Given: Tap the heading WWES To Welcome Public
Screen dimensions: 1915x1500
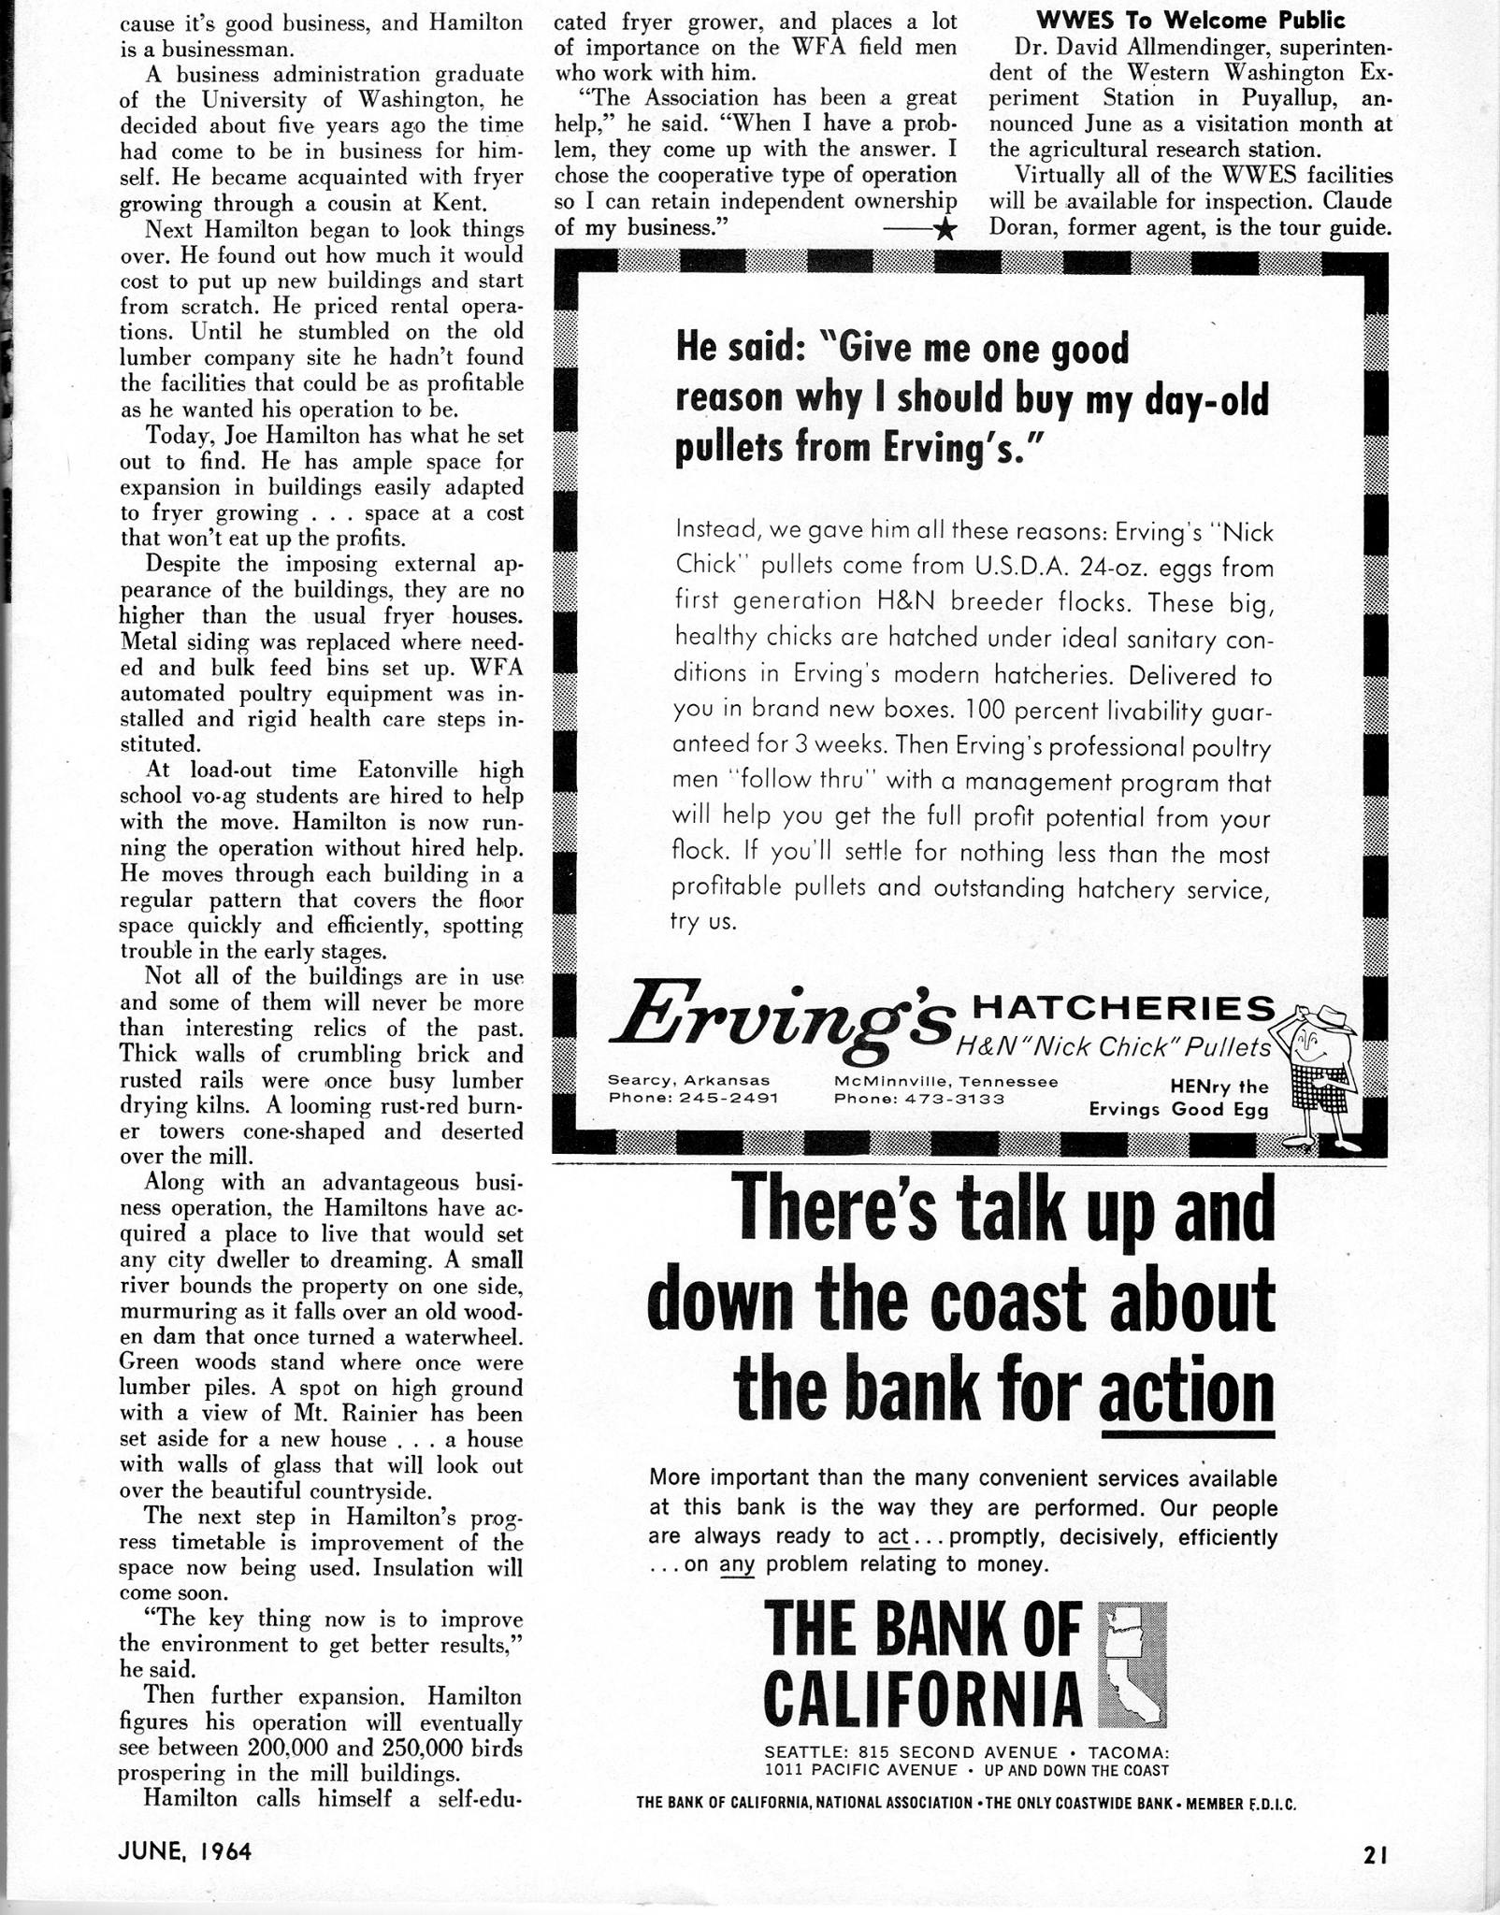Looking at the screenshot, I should (x=1190, y=20).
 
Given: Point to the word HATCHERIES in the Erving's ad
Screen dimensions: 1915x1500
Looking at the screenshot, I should (x=1124, y=1007).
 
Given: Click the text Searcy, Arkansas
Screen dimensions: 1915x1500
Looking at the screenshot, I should (x=688, y=1080).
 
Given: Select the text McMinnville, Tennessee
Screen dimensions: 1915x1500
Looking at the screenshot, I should (x=945, y=1081).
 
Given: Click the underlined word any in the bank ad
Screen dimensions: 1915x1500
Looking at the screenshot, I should (x=737, y=1563).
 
